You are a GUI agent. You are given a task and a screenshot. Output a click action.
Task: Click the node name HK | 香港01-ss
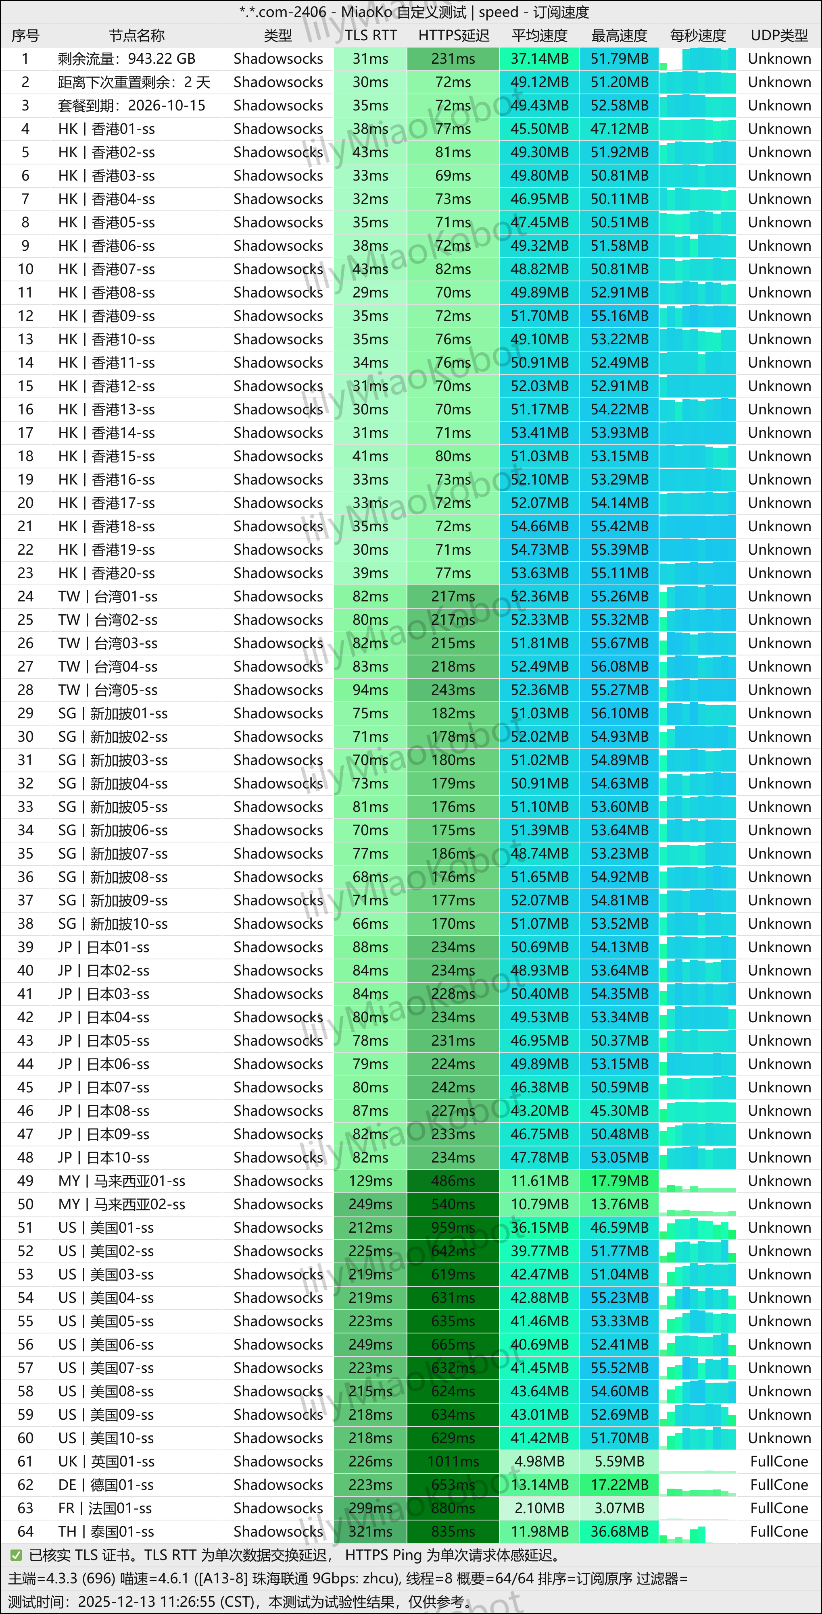tap(106, 129)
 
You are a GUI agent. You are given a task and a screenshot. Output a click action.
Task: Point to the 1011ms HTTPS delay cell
tap(453, 1461)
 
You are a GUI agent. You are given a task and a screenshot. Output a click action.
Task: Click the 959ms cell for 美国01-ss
tap(453, 1227)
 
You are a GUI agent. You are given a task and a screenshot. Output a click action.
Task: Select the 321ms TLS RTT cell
tap(371, 1531)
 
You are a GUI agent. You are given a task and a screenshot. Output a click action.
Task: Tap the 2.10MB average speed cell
tap(539, 1508)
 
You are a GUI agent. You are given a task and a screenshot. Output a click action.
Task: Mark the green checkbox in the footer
tap(16, 1555)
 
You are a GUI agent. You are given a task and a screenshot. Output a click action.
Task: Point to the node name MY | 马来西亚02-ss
tap(122, 1204)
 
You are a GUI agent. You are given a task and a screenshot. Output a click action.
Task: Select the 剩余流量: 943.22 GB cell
tap(127, 59)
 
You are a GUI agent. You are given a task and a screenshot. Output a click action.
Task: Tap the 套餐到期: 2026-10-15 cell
tap(131, 105)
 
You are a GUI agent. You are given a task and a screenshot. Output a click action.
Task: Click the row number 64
tap(25, 1531)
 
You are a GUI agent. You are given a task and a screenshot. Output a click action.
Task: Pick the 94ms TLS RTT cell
tap(371, 690)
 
